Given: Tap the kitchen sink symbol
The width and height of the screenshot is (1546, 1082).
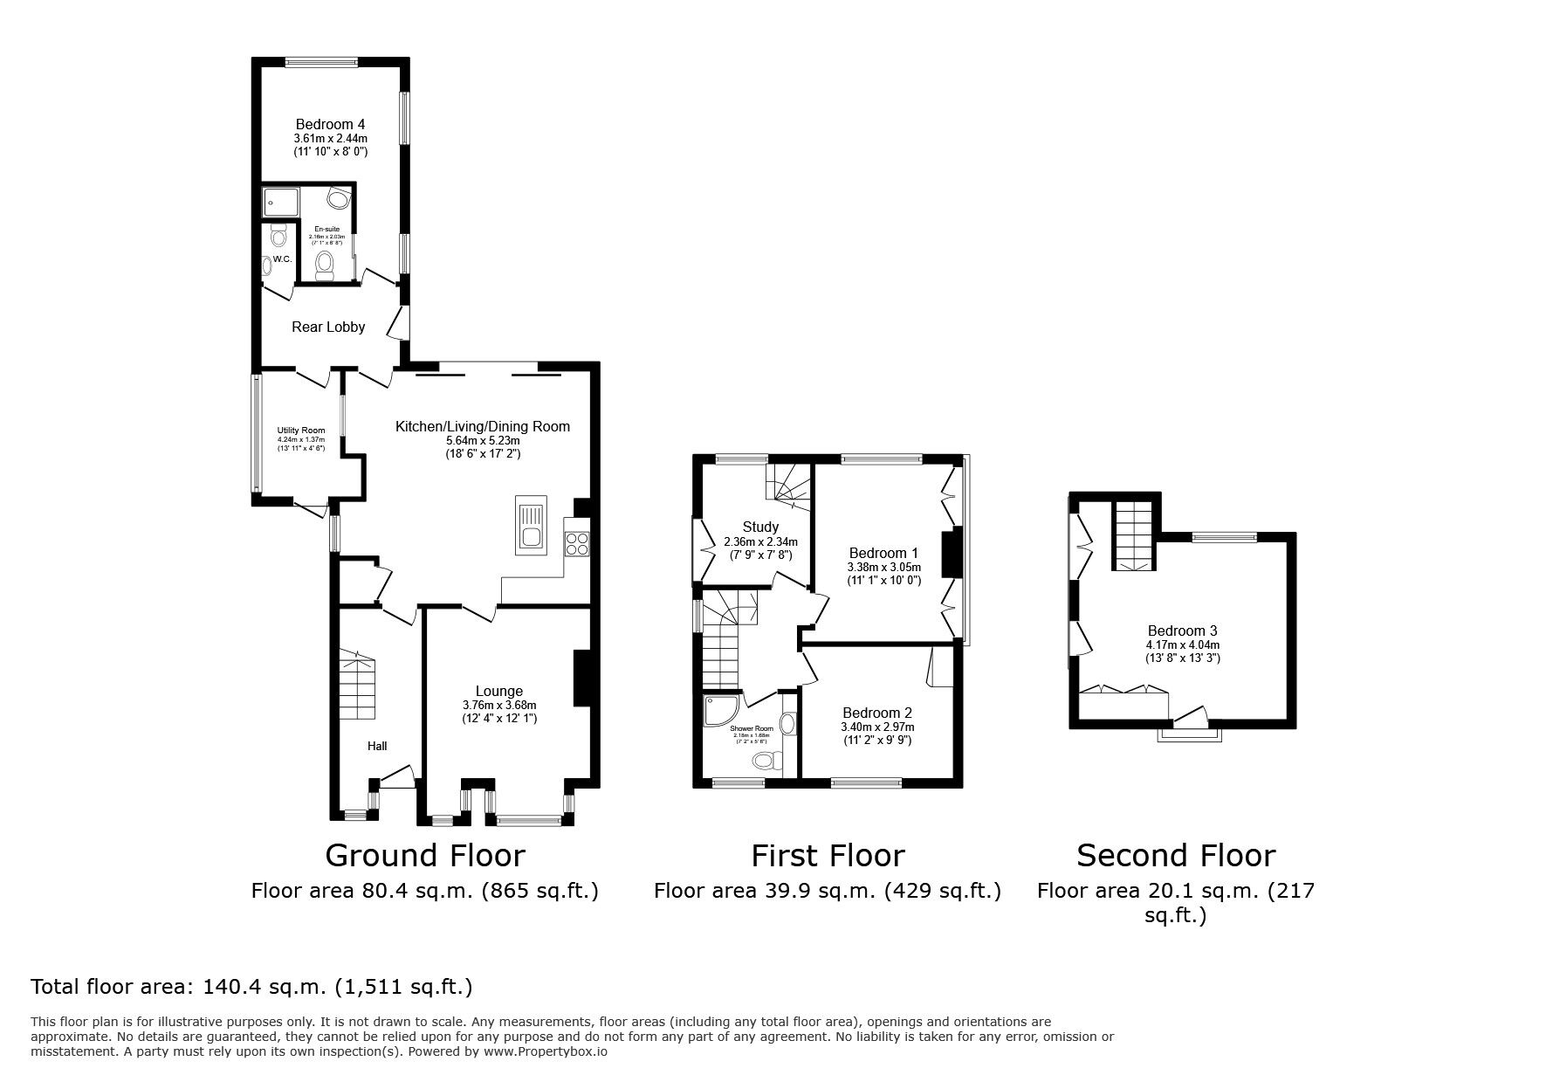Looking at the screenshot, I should (530, 525).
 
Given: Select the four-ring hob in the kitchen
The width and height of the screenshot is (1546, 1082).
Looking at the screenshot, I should (576, 543).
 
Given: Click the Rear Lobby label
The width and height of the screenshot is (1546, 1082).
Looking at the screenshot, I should (328, 327).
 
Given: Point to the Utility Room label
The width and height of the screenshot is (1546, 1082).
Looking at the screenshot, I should (301, 431).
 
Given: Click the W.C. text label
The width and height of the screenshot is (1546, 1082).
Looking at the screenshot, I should (281, 260).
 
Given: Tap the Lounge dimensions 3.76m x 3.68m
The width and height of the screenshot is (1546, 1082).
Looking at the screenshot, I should (499, 706).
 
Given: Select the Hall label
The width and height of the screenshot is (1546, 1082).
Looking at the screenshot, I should (377, 746).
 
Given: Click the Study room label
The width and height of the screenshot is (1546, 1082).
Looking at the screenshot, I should (760, 527).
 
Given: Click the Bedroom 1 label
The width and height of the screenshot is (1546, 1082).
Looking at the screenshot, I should (883, 553).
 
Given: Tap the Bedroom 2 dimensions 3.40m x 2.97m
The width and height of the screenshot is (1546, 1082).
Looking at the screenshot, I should (877, 727).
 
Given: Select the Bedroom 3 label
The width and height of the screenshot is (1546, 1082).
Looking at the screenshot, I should (1182, 631).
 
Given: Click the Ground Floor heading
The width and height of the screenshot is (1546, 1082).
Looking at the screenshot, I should (425, 855).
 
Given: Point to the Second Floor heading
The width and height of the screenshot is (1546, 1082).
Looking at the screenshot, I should (1175, 855).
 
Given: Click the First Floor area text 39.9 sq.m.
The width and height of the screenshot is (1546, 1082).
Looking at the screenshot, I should (827, 891).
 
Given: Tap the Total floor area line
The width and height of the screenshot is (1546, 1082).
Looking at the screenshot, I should (251, 987).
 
